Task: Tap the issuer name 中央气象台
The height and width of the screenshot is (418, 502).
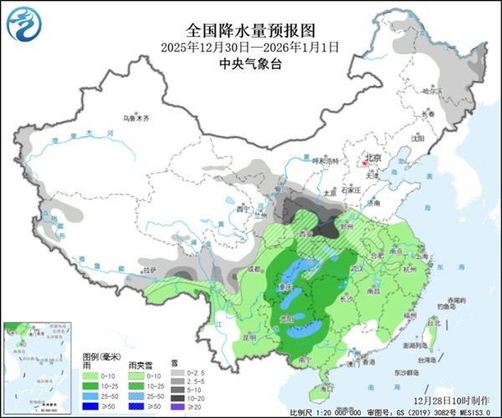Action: (250, 63)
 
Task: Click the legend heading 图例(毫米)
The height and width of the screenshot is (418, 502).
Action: (101, 356)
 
